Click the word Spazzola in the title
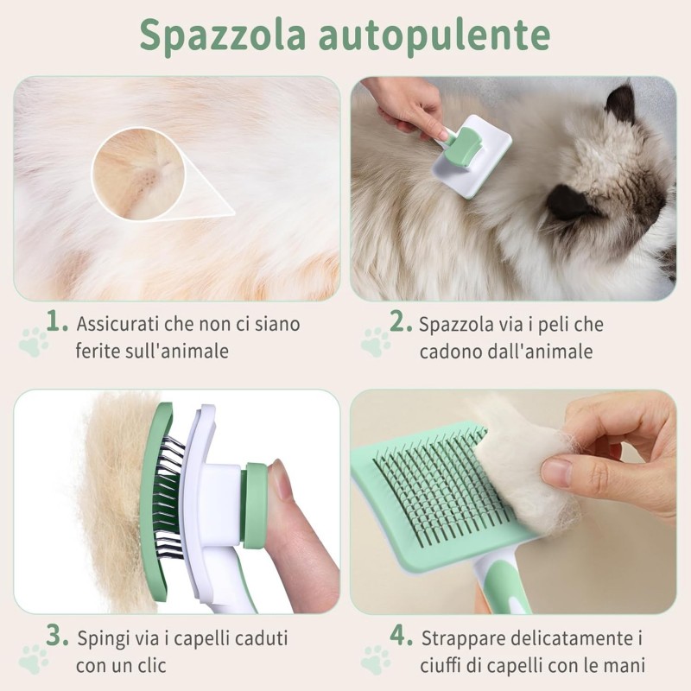[220, 36]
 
